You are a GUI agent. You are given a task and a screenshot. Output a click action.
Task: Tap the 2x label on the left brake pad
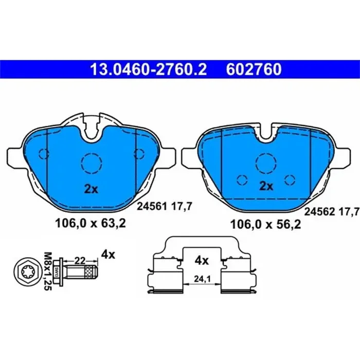(x=91, y=189)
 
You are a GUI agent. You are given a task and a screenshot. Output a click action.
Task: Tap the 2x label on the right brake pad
(x=266, y=186)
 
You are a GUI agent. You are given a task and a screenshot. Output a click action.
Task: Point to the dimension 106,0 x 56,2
(x=265, y=224)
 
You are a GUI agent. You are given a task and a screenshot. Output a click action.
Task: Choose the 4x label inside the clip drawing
(x=202, y=261)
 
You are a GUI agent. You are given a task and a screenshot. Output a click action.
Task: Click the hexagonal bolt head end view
(x=24, y=269)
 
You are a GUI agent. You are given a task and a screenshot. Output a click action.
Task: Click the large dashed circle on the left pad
(x=91, y=164)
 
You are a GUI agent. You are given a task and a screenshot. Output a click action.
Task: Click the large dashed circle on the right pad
(x=266, y=163)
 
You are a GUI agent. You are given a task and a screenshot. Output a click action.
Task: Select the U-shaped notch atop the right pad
(x=266, y=133)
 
